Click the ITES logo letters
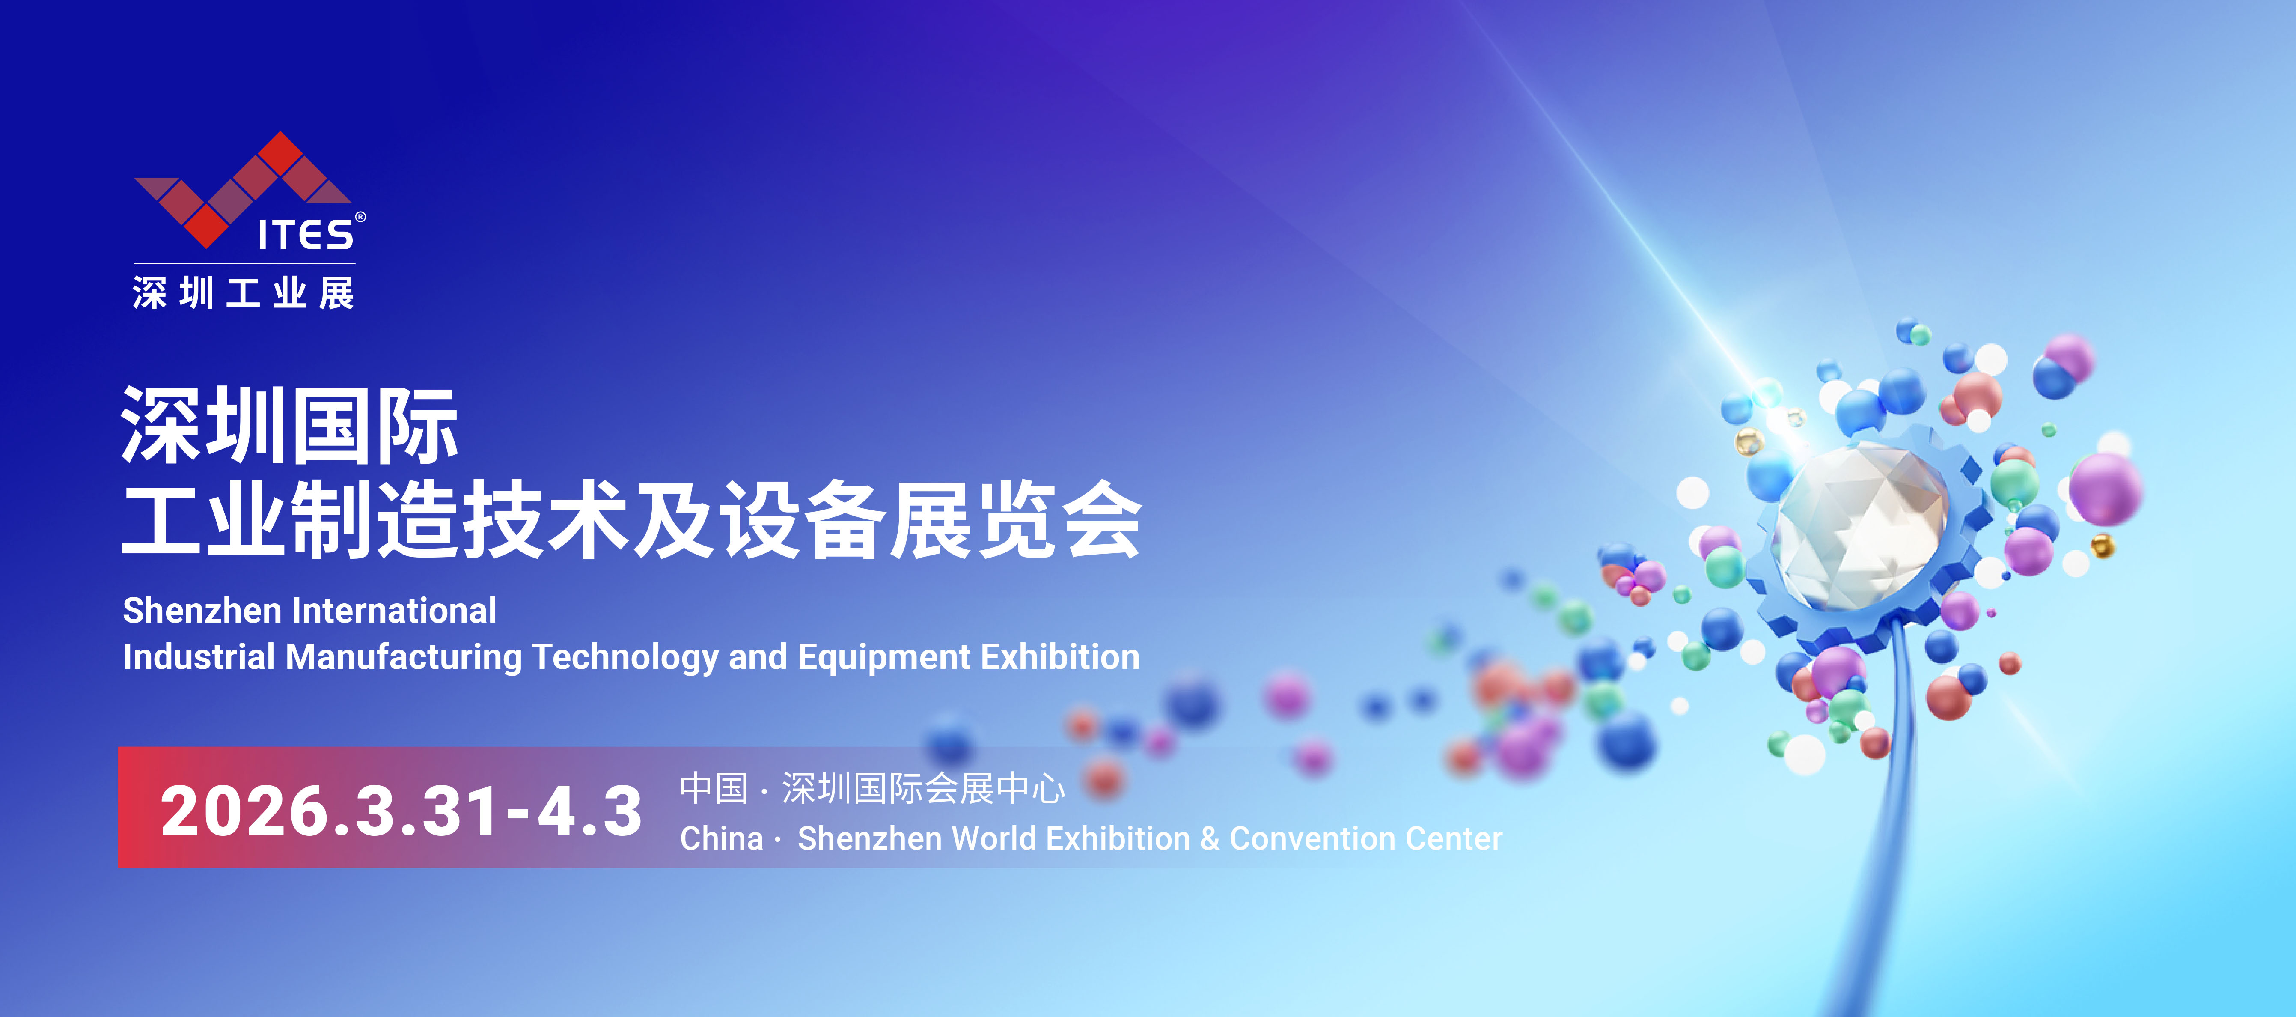click(306, 234)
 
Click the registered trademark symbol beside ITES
click(360, 217)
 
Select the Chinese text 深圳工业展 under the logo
click(243, 292)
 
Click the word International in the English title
click(394, 611)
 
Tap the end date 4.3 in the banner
click(589, 811)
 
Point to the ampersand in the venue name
click(1210, 839)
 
